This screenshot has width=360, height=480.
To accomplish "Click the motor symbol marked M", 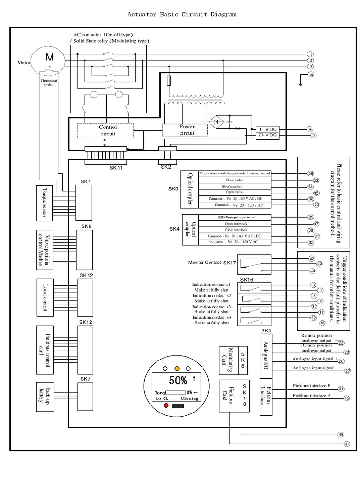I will click(x=49, y=58).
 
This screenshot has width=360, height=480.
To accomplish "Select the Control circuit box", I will click(x=108, y=130).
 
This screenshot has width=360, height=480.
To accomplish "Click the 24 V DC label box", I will click(x=268, y=135).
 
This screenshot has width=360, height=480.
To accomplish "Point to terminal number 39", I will click(x=310, y=173).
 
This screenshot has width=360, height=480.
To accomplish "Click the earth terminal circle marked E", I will click(x=310, y=75).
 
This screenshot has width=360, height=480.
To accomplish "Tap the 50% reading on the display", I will click(x=178, y=379).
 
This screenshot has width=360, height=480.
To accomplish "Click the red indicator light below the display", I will click(x=166, y=405).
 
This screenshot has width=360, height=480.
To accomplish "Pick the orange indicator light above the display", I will click(x=177, y=368).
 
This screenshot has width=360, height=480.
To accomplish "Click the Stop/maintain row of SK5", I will click(x=234, y=186).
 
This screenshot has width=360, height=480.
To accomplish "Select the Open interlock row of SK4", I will click(x=234, y=224).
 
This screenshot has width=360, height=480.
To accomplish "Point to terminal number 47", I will click(x=347, y=444).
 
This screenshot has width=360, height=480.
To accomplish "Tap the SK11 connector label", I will click(x=116, y=167).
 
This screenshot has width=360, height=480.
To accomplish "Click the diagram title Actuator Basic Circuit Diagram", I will click(x=182, y=15).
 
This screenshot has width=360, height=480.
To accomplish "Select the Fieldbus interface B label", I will click(x=312, y=386).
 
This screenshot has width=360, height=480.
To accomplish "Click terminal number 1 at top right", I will click(x=310, y=54).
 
